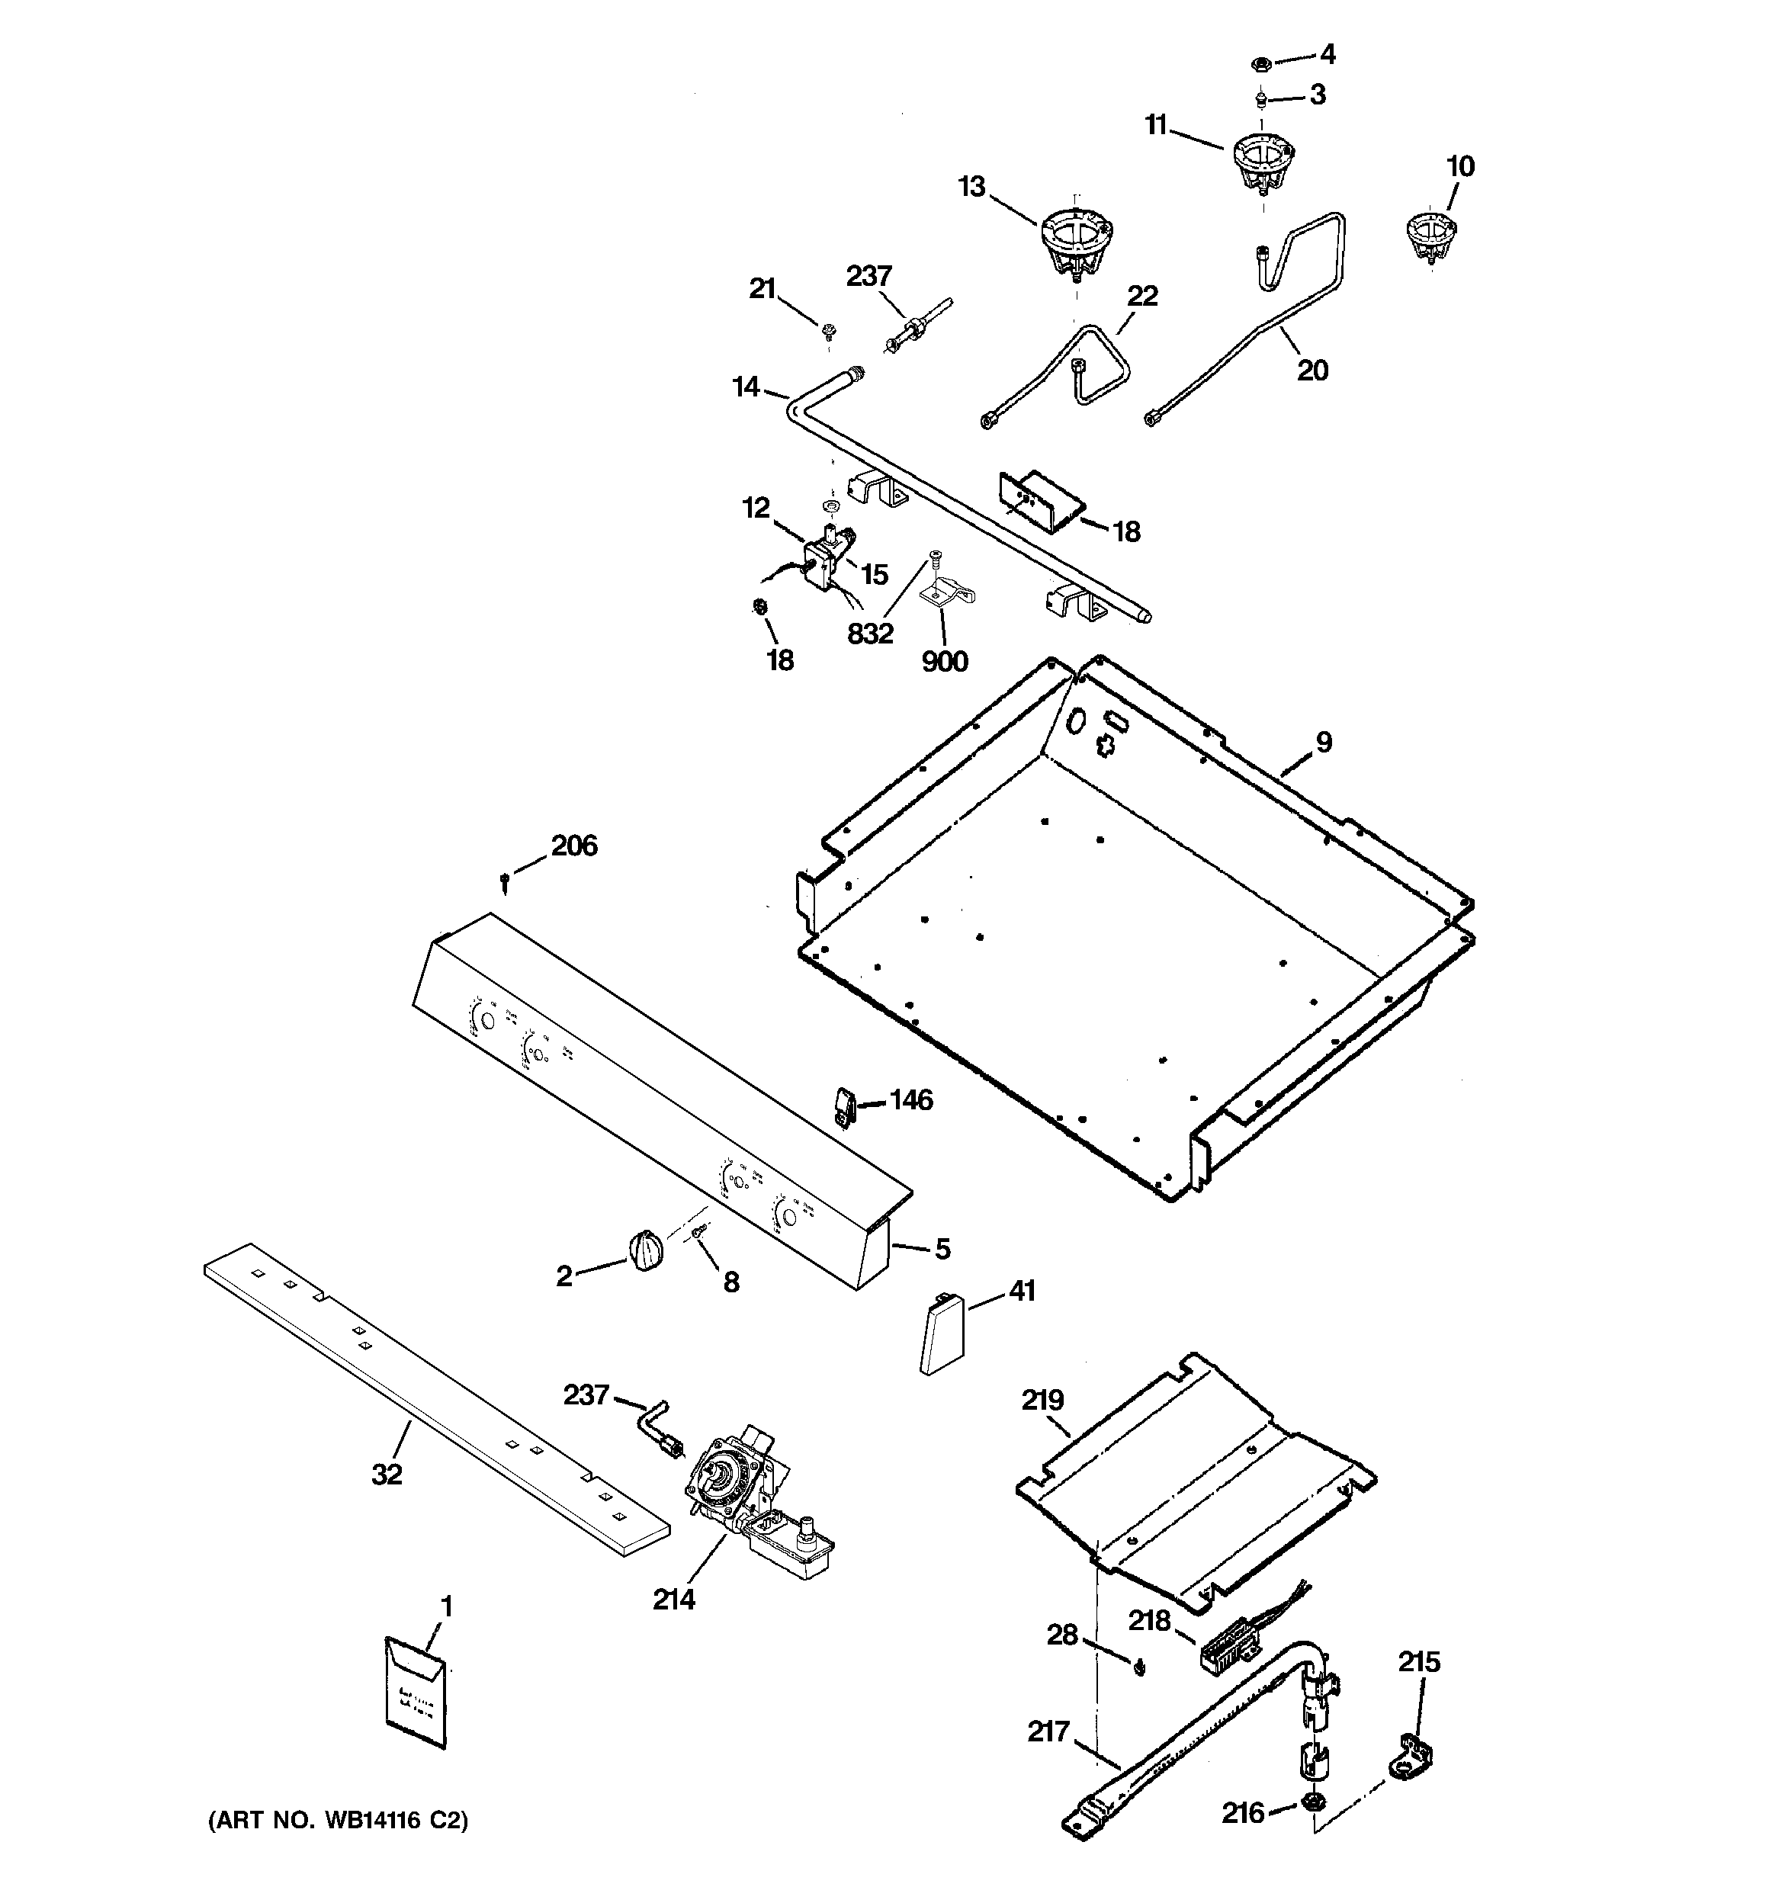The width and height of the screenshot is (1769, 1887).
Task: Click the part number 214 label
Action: point(673,1600)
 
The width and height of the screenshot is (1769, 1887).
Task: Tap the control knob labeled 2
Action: point(646,1248)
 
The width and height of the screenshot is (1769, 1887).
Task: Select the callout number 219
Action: point(1042,1400)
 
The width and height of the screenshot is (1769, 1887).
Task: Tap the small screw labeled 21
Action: point(829,330)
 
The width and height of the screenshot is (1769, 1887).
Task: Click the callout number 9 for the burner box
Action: point(1324,743)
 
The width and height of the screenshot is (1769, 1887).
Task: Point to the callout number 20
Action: point(1312,371)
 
